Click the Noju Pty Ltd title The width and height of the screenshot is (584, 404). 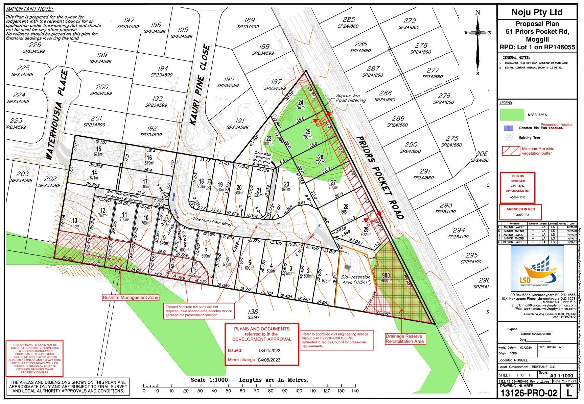[x=537, y=12]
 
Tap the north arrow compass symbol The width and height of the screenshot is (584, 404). [x=477, y=33]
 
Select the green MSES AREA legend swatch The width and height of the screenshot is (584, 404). [x=512, y=115]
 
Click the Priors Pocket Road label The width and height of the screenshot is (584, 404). [x=380, y=178]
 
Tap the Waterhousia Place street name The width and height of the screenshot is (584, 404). [x=57, y=115]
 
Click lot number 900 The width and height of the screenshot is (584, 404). [x=386, y=275]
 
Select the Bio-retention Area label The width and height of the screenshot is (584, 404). [x=356, y=279]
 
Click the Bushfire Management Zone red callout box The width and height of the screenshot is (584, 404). [x=131, y=298]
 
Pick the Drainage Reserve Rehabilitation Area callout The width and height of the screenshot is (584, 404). [x=404, y=339]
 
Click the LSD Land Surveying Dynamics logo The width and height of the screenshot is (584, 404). [x=537, y=269]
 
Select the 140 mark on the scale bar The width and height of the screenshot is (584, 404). [x=355, y=391]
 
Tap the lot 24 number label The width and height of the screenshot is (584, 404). [x=301, y=103]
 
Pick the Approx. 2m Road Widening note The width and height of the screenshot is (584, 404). [x=350, y=98]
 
